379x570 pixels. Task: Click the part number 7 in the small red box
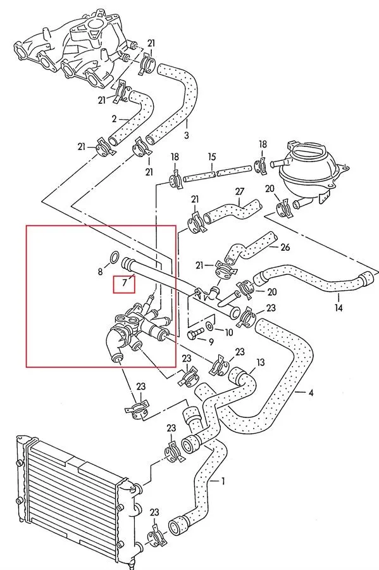click(x=125, y=282)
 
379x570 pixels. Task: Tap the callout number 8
click(x=101, y=272)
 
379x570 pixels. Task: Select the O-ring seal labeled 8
click(x=114, y=257)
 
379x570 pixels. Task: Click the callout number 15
click(x=211, y=157)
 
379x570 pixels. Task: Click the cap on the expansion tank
click(x=306, y=149)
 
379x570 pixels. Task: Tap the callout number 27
click(x=240, y=191)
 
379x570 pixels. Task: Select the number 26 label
click(x=285, y=247)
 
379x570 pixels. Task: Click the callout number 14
click(x=339, y=308)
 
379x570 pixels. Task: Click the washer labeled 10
click(x=210, y=326)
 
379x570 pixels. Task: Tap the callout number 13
click(x=260, y=362)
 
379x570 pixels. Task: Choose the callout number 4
click(x=311, y=393)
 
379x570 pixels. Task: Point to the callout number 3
click(x=186, y=136)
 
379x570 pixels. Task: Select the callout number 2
click(x=114, y=119)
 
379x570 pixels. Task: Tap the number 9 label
click(x=211, y=342)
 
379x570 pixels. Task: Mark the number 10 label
click(x=228, y=332)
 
